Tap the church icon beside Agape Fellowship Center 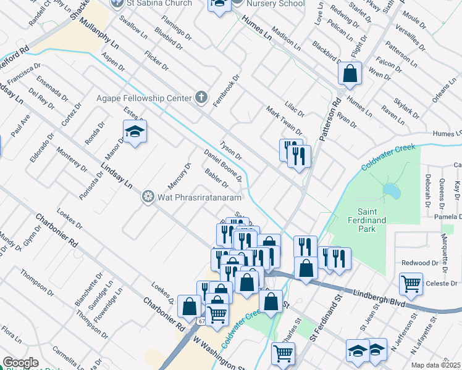[201, 97]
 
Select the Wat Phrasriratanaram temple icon [148, 197]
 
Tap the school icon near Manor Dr [134, 131]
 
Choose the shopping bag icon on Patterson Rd [350, 73]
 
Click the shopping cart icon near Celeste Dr [411, 284]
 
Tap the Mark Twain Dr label [283, 120]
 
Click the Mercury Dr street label [180, 176]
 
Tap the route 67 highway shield [202, 322]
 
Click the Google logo [20, 363]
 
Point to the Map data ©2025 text [436, 365]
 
